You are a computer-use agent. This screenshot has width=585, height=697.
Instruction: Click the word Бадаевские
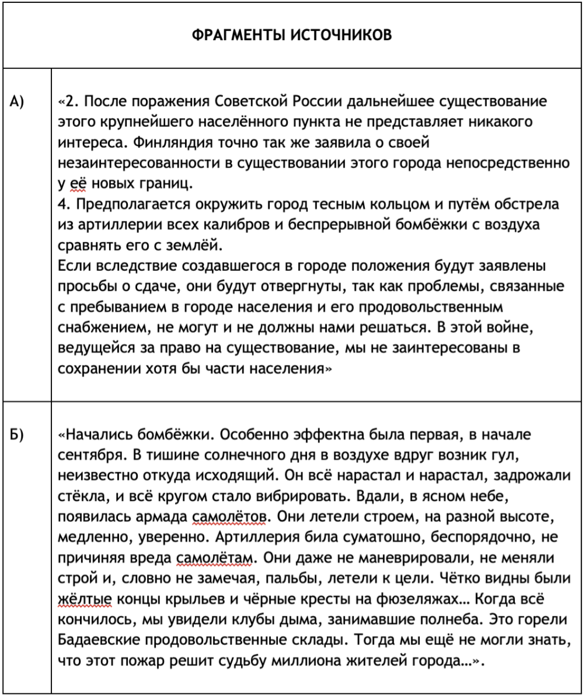[99, 640]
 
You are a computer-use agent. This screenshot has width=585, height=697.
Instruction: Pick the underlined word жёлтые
[81, 600]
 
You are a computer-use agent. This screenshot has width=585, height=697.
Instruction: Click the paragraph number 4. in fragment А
[64, 204]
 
